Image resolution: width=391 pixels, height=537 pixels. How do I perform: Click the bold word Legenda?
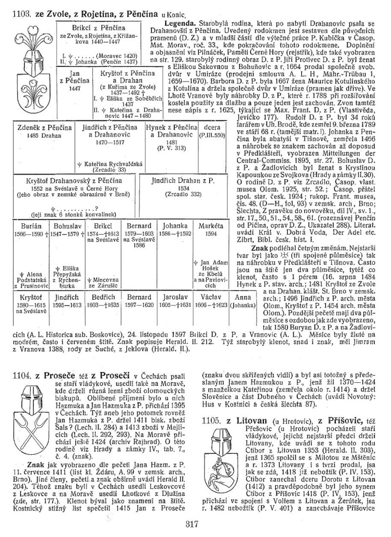[181, 23]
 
